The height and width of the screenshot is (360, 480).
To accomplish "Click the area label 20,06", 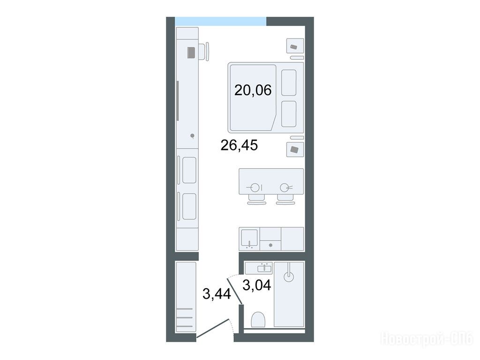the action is pyautogui.click(x=253, y=90).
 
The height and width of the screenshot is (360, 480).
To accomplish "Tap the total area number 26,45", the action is pyautogui.click(x=239, y=145).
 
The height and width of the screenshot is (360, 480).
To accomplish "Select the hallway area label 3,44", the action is pyautogui.click(x=217, y=294).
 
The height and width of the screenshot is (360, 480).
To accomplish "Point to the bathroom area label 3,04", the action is pyautogui.click(x=256, y=285).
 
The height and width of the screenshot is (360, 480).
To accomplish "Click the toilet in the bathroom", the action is pyautogui.click(x=258, y=319).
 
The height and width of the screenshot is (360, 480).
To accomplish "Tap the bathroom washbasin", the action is pyautogui.click(x=265, y=268).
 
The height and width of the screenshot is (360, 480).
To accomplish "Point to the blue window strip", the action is pyautogui.click(x=220, y=21).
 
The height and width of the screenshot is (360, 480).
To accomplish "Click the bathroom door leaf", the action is pyautogui.click(x=235, y=291).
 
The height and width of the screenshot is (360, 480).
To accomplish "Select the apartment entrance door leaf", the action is pyautogui.click(x=213, y=328).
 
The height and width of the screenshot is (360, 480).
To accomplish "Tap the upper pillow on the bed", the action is pyautogui.click(x=289, y=82).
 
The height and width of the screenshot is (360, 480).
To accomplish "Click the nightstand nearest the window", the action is pyautogui.click(x=295, y=46).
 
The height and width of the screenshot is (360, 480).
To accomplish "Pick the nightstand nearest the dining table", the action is pyautogui.click(x=295, y=150).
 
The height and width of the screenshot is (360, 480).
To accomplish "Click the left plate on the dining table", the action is pyautogui.click(x=255, y=187).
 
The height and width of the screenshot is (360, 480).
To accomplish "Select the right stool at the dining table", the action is pyautogui.click(x=285, y=200).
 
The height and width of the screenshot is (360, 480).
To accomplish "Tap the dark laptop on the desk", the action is pyautogui.click(x=191, y=52).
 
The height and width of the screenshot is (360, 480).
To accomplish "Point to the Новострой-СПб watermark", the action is pyautogui.click(x=427, y=339).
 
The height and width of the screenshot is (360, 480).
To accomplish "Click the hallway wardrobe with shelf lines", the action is pyautogui.click(x=186, y=297).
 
